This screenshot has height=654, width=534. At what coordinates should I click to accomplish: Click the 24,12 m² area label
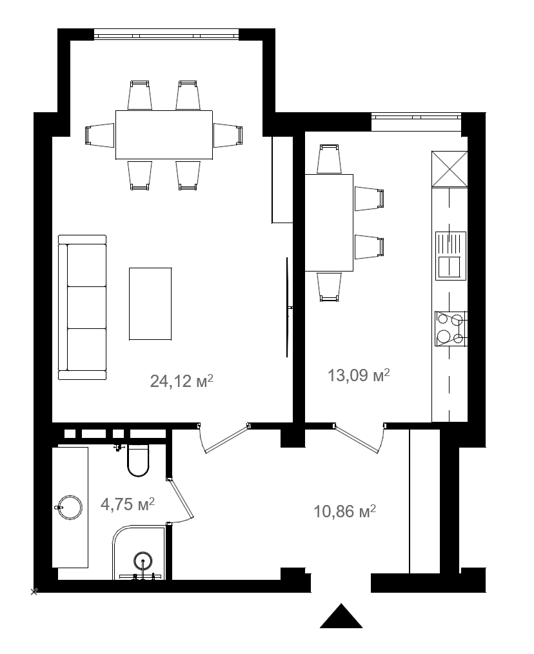(x=181, y=381)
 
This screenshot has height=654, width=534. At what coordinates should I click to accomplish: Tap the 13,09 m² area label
(x=359, y=375)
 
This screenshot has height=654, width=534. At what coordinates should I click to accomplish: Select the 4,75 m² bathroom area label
(x=128, y=504)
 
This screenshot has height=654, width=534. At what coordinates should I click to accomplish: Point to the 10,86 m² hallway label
(x=345, y=511)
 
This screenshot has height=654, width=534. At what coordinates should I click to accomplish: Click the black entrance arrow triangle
(x=341, y=616)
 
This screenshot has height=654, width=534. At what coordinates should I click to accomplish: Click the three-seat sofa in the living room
(x=82, y=308)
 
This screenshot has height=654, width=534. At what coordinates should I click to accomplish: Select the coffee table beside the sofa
(x=150, y=304)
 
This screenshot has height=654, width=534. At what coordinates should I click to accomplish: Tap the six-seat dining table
(x=164, y=135)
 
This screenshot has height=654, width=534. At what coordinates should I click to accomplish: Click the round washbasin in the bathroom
(x=70, y=508)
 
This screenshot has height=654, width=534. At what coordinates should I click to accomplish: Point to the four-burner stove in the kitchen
(x=451, y=329)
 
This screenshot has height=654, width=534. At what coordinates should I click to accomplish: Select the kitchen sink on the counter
(x=451, y=255)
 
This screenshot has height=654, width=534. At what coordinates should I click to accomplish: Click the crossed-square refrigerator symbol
(x=450, y=169)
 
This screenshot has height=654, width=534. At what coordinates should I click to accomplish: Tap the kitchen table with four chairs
(x=329, y=223)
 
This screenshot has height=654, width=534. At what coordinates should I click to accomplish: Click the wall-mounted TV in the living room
(x=288, y=308)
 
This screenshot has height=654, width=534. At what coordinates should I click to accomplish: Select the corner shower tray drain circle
(x=144, y=559)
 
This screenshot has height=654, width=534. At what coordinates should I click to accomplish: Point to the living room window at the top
(x=167, y=35)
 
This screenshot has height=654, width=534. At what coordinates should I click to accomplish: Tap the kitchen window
(x=417, y=117)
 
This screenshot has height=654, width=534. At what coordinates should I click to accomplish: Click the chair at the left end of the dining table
(x=100, y=135)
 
